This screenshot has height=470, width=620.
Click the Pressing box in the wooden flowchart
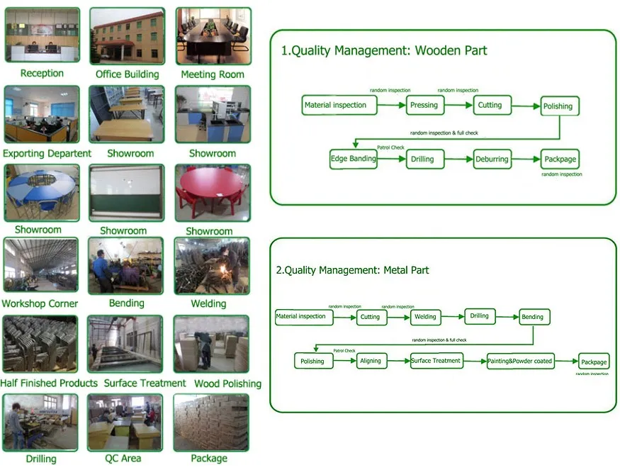point(424,105)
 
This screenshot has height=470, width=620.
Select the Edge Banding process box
point(353,159)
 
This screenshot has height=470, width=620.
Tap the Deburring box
point(492,160)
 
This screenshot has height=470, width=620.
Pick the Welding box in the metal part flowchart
point(425,317)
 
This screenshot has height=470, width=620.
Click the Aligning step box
point(370,361)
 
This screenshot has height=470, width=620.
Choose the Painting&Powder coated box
point(519,361)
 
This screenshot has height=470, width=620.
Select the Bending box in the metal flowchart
point(533,317)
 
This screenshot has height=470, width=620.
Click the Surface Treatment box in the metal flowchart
point(436,361)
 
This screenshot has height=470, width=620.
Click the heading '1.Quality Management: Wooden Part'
point(384,50)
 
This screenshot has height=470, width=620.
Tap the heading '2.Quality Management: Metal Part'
point(352,270)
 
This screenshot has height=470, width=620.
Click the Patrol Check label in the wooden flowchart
point(390,147)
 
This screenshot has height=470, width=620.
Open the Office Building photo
point(127,37)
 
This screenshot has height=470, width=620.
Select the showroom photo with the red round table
point(212,193)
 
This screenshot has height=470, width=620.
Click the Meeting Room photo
point(213,37)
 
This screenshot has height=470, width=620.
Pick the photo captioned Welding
point(212,266)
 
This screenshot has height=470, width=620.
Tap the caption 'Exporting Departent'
point(47,154)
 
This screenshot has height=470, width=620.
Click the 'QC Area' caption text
point(123,459)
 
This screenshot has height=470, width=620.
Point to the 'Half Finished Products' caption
point(49,384)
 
